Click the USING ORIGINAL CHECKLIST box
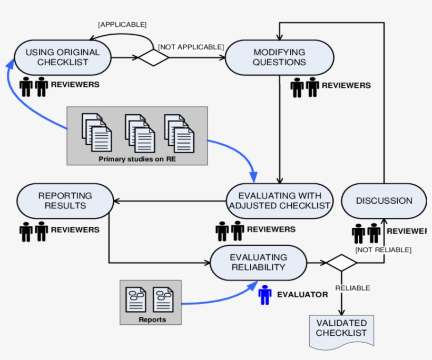[x=62, y=57]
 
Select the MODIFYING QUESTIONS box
[x=279, y=57]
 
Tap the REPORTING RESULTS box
[x=65, y=201]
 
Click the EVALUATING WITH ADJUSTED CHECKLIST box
[x=280, y=201]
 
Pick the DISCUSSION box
[x=384, y=201]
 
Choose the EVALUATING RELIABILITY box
[x=258, y=262]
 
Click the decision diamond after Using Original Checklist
[x=153, y=57]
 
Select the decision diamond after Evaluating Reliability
[x=341, y=262]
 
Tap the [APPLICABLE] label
[x=122, y=24]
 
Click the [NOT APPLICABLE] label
[x=191, y=47]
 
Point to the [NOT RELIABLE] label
[x=383, y=249]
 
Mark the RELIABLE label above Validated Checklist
[x=352, y=288]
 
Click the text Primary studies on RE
[x=137, y=159]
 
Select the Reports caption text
[x=152, y=319]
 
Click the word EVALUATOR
[x=302, y=295]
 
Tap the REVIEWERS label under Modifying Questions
[x=346, y=85]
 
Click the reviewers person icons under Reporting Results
[x=34, y=231]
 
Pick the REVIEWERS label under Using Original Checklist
[x=75, y=84]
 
